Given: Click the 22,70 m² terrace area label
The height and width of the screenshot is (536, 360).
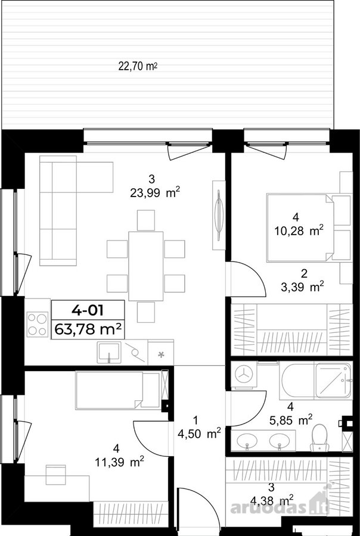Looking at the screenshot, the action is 138,66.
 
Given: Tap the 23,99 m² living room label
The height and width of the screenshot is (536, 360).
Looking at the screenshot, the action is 155,194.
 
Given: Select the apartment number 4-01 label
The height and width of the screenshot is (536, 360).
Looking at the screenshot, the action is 88,310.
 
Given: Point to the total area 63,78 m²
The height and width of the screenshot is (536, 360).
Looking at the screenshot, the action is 88,330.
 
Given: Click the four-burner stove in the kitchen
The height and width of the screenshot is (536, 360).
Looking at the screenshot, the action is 38,324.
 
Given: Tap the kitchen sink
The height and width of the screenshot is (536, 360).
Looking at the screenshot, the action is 108,352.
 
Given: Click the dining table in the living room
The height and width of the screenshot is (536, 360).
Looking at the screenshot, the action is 146,266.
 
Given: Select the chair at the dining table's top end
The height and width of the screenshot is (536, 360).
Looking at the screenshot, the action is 146,220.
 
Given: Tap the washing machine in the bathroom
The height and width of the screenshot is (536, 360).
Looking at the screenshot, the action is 244,375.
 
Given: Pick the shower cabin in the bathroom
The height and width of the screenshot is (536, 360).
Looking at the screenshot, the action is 333,380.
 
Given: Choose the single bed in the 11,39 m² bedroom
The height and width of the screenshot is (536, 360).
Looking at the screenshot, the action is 118,390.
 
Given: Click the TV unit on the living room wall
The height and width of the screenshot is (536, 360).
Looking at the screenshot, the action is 219,215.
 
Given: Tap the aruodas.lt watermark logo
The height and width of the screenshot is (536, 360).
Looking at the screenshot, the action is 280,506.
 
